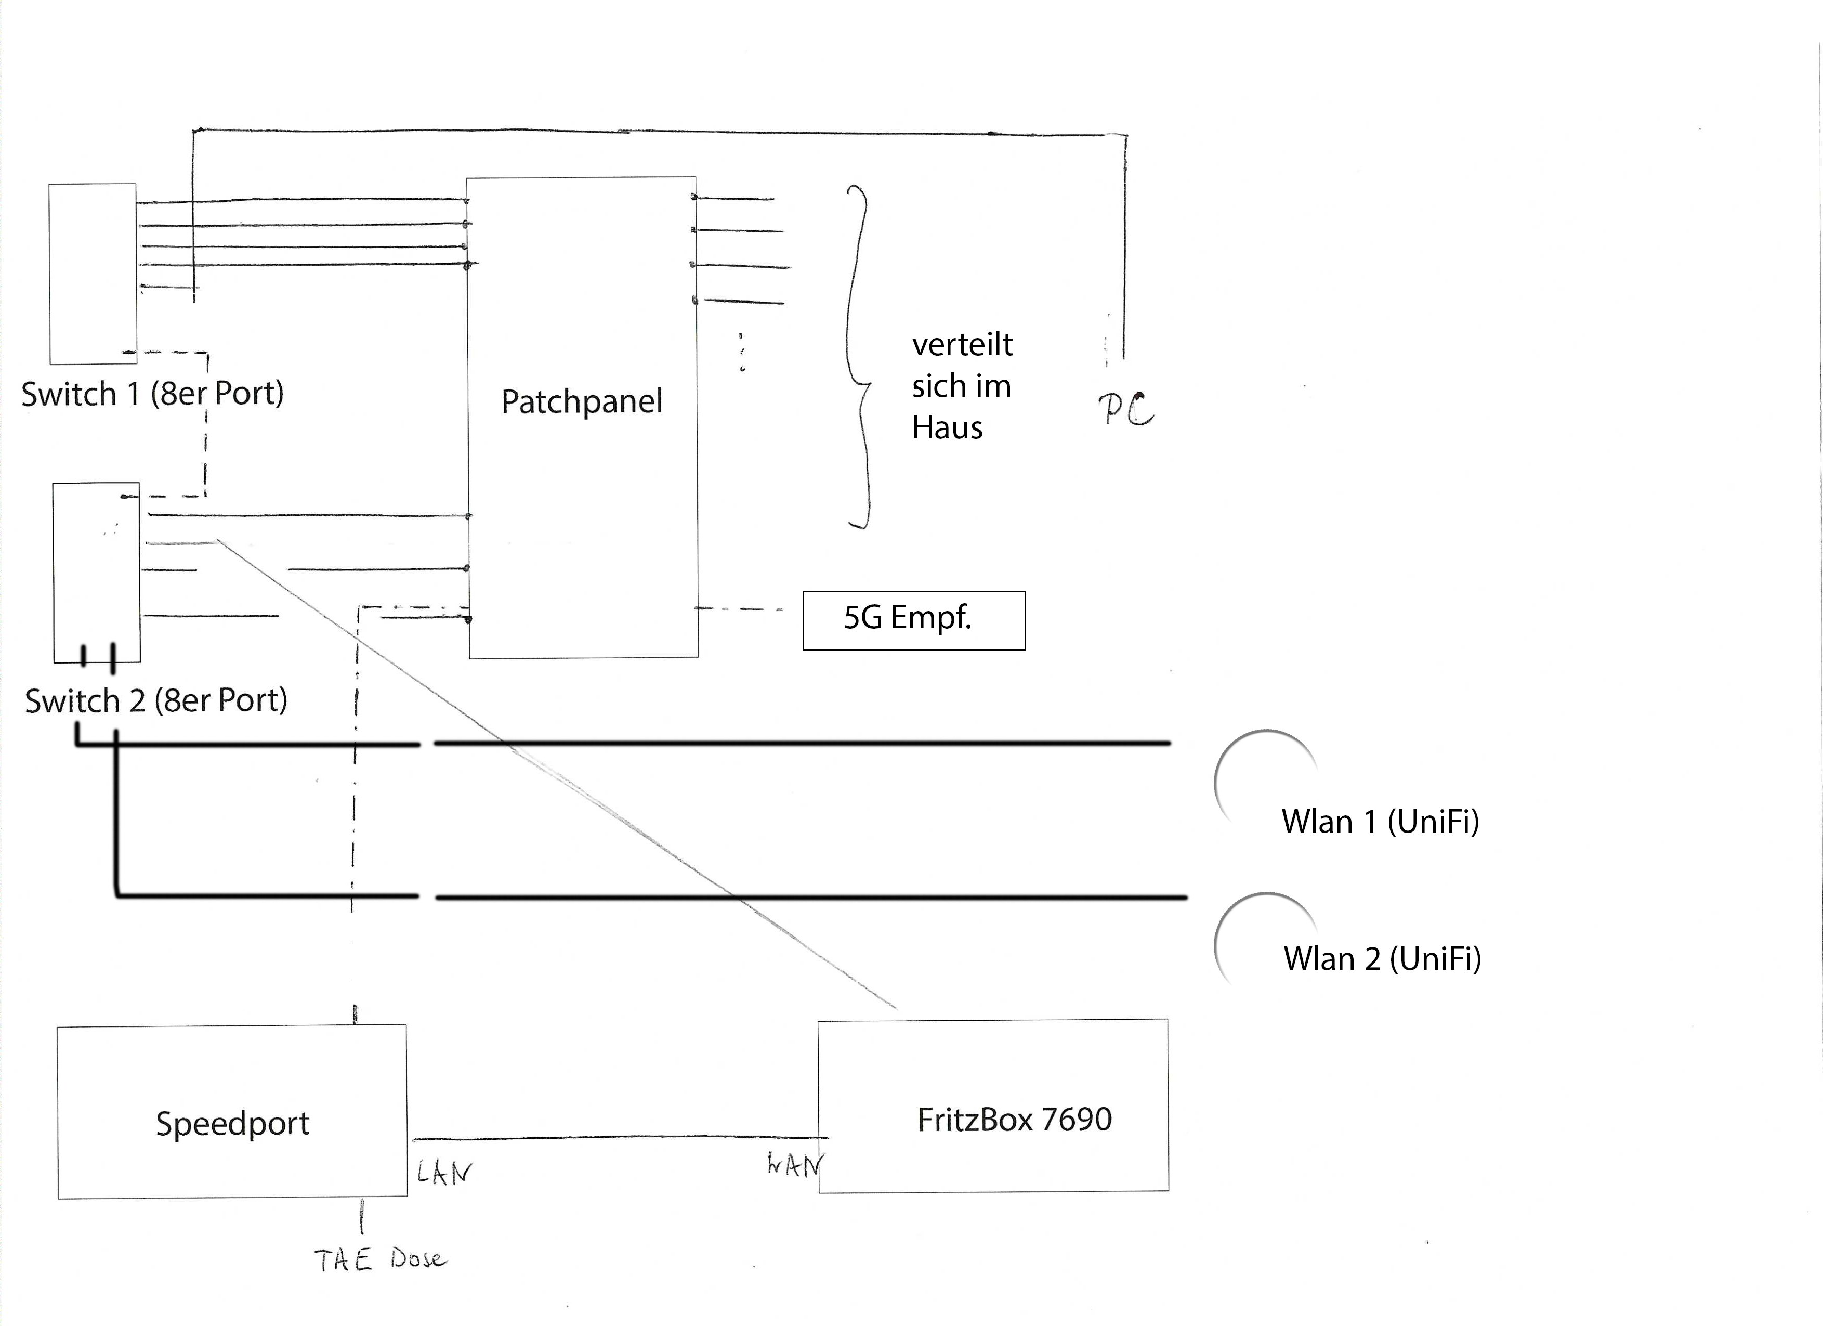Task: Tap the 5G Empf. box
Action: point(914,620)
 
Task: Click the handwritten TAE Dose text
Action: point(378,1259)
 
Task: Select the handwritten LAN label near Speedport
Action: point(444,1173)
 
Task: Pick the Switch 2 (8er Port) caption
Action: point(156,700)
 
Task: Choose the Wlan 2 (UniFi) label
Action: point(1382,958)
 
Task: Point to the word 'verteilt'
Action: point(962,344)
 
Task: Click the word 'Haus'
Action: point(947,428)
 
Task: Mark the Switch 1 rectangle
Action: point(93,274)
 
